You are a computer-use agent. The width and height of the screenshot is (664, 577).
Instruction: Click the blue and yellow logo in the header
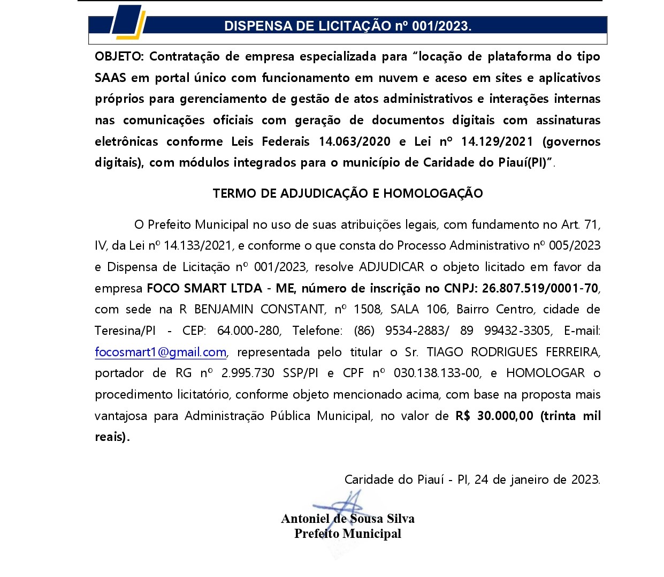(128, 24)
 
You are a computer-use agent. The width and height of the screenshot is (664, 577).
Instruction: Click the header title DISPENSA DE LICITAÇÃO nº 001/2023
(348, 26)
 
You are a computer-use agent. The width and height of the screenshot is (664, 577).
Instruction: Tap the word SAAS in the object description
(110, 78)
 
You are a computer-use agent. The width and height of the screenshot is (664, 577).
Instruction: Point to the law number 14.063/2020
(355, 141)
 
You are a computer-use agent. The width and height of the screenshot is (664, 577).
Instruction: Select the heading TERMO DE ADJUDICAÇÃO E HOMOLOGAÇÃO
(348, 193)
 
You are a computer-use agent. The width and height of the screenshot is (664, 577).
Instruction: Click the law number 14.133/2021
(197, 246)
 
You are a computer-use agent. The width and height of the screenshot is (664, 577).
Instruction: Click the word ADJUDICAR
(392, 267)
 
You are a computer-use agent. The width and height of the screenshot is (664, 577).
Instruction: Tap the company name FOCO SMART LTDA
(204, 288)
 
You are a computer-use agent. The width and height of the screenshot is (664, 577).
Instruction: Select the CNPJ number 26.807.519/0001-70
(540, 288)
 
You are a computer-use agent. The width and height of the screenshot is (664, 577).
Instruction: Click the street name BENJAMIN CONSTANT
(260, 310)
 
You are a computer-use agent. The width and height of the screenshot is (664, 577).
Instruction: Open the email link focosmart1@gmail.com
(161, 352)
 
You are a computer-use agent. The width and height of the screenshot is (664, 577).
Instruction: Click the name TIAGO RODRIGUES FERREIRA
(513, 352)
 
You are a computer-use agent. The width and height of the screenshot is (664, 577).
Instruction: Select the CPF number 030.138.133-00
(437, 373)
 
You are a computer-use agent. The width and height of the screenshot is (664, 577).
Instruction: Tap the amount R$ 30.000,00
(494, 416)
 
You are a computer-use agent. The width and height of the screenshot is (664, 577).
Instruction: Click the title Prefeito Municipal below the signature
(348, 534)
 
